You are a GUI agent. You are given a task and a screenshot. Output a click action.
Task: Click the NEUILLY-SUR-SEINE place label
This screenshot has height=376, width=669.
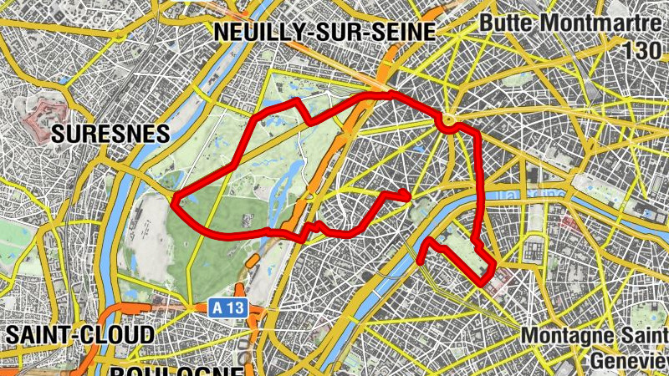point(325,32)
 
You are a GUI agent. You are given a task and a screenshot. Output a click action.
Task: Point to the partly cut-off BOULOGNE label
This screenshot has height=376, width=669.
point(176,370)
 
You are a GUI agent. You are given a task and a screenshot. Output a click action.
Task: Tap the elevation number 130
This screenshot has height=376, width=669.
point(641,50)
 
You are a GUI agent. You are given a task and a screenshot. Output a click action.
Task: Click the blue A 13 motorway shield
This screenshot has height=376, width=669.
point(228,308)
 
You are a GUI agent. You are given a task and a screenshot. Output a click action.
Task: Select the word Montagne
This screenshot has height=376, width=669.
point(564,336)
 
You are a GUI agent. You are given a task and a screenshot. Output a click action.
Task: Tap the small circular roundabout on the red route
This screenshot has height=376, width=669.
point(449,123)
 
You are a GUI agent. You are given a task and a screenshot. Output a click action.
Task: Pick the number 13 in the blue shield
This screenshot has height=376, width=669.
point(236,308)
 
